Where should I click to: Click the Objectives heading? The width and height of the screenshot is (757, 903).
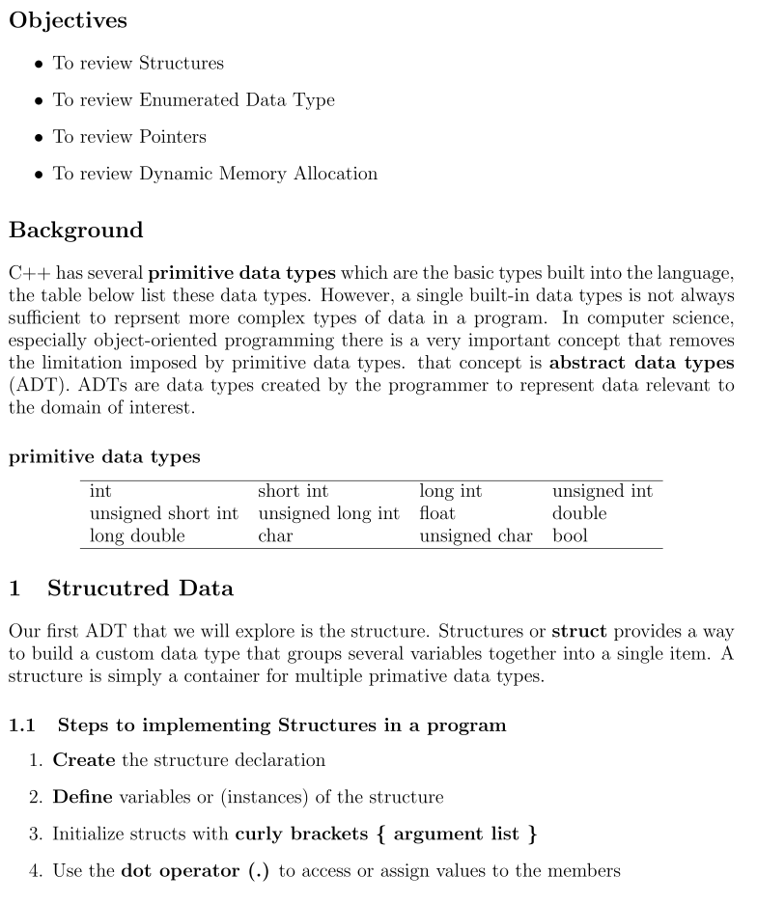coord(68,19)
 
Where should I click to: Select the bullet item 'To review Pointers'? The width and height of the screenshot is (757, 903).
coord(129,137)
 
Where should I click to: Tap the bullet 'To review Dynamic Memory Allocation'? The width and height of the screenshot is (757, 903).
coord(214,174)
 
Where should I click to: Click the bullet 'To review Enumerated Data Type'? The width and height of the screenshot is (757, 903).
coord(193,100)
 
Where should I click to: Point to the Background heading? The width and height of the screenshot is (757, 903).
coord(75,231)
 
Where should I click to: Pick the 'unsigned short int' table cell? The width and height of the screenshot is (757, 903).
coord(163,513)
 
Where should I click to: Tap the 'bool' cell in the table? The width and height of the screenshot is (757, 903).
coord(569,535)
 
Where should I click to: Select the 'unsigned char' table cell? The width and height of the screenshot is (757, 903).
coord(475,535)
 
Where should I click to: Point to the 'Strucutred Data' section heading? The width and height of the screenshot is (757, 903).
coord(140,588)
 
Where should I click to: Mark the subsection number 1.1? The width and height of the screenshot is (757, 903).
coord(22,725)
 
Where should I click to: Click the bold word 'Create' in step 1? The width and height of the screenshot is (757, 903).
coord(84,760)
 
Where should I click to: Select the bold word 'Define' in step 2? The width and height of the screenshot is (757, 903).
coord(83,797)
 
